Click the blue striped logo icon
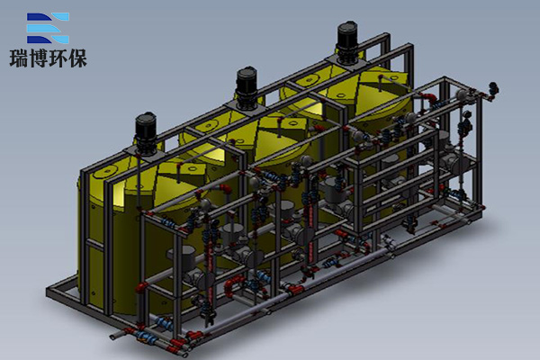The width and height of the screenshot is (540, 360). [x=48, y=28]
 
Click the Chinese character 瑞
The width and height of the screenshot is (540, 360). [x=19, y=58]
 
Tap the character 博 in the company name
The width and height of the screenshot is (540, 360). [x=39, y=58]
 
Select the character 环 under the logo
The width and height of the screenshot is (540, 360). [x=58, y=58]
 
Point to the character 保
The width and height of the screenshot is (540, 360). [x=77, y=58]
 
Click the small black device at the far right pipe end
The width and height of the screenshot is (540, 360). [x=494, y=88]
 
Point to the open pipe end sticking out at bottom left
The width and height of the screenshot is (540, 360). [x=114, y=336]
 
